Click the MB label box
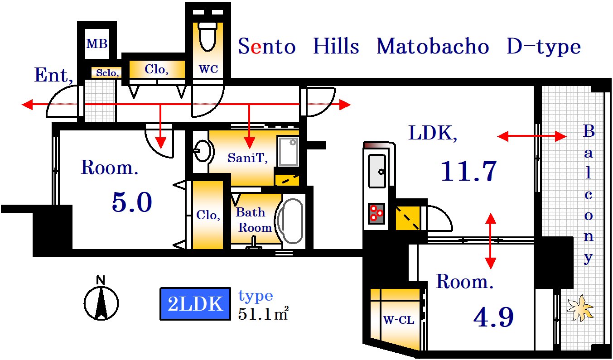point(97,44)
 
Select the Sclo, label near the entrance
point(107,73)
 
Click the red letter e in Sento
point(256,48)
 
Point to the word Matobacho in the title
point(433,47)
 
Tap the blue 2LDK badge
point(195,304)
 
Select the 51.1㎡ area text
point(263,313)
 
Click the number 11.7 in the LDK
point(468,171)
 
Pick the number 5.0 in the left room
point(132,202)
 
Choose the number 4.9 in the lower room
point(493,317)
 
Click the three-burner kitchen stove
point(376,214)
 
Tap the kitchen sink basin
point(377,171)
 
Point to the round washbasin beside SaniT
point(203,151)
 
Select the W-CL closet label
point(398,320)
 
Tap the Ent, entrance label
point(53,75)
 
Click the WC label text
point(208,69)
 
